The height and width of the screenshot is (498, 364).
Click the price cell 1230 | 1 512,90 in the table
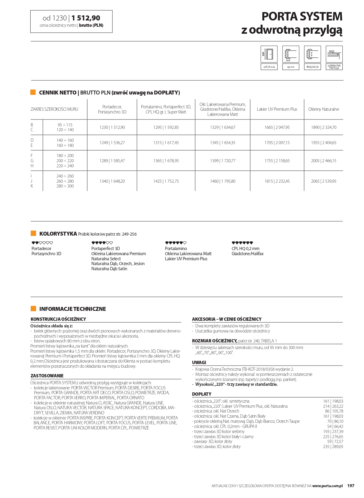(x=112, y=127)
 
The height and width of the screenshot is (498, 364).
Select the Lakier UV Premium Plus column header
(x=277, y=109)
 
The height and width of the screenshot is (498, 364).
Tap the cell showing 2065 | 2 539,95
(x=323, y=181)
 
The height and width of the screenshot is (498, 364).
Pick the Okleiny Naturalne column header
(x=323, y=109)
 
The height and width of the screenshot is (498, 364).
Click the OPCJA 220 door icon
(x=269, y=54)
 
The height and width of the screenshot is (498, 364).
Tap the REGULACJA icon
(x=312, y=54)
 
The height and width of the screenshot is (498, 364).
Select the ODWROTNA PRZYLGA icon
(x=334, y=54)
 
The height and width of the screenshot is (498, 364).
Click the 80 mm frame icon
(x=291, y=54)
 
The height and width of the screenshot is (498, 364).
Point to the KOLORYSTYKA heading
(x=58, y=234)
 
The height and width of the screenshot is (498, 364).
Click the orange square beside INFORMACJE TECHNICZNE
(x=33, y=308)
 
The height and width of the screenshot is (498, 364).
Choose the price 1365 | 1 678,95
(x=166, y=161)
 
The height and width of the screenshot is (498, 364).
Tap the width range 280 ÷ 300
(x=65, y=186)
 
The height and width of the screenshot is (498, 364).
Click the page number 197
(x=351, y=486)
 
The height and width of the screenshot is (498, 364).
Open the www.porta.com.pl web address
(x=327, y=486)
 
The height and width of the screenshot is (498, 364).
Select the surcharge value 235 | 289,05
(x=333, y=447)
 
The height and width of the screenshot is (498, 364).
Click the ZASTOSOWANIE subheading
(x=47, y=376)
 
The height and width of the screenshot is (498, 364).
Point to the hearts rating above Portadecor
(x=42, y=243)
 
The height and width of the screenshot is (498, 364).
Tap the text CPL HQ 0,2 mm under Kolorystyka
(x=245, y=249)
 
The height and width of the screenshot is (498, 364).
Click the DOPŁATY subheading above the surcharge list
(x=202, y=394)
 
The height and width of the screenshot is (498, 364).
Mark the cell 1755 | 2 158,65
(x=277, y=161)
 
